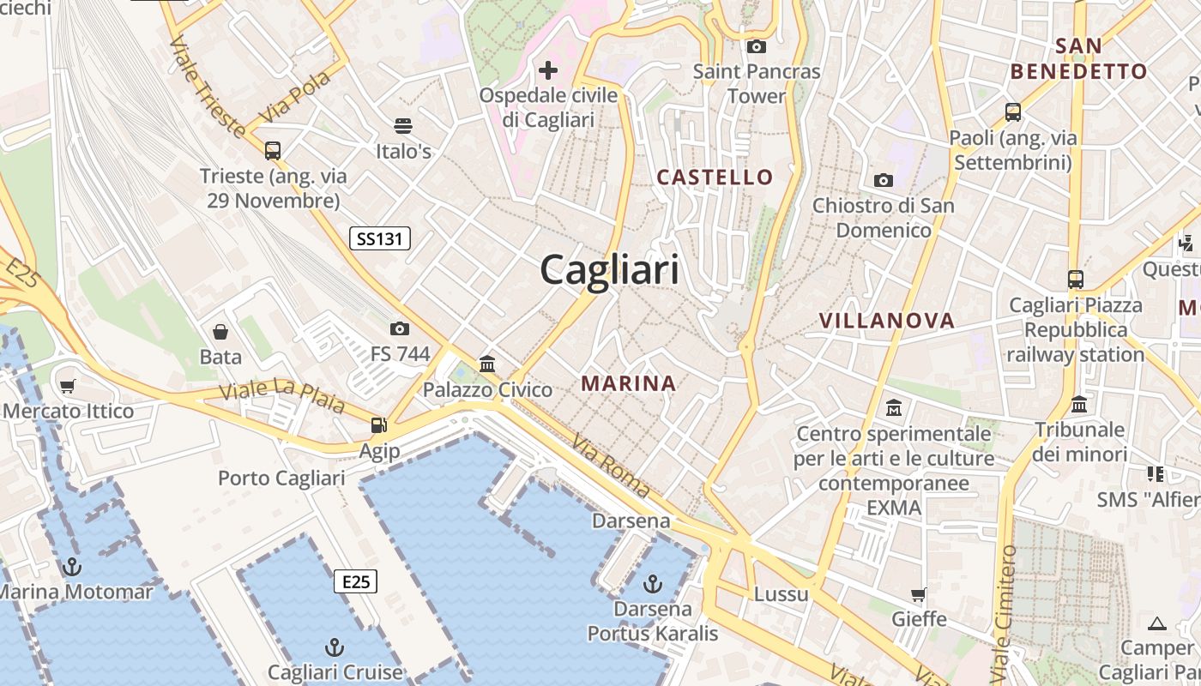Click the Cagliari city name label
tap(609, 270)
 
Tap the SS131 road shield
tap(379, 238)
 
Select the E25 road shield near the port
tap(355, 582)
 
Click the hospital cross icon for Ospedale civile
tap(547, 69)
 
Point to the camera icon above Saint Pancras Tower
tap(756, 46)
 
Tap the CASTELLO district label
tap(715, 178)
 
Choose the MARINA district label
tap(629, 383)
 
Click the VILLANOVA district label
tap(886, 321)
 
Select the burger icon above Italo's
tap(403, 126)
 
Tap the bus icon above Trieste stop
tap(272, 151)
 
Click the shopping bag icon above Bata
tap(220, 331)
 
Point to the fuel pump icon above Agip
tap(378, 424)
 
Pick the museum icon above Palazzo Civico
tap(487, 364)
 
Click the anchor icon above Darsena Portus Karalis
tap(653, 584)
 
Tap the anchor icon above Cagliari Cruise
tap(335, 647)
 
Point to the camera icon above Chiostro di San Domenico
tap(883, 180)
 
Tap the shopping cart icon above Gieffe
tap(919, 593)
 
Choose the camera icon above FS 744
tap(399, 328)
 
